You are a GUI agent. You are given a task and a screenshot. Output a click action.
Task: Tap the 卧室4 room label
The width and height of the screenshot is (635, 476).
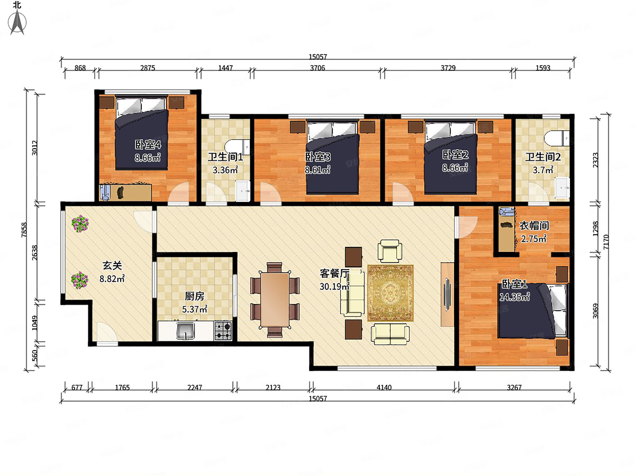coord(148,145)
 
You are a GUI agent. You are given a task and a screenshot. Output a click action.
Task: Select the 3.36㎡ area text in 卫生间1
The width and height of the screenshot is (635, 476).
coord(225,170)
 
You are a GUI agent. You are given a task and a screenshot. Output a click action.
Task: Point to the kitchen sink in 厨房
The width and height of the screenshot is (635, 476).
coord(185,331)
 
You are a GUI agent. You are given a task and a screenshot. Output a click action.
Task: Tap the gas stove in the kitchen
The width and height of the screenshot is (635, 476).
coord(223,330)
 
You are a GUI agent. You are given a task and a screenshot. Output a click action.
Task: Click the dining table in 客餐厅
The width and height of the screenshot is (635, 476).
coord(275,300)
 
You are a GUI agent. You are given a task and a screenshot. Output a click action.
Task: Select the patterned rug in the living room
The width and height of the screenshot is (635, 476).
coord(390,293)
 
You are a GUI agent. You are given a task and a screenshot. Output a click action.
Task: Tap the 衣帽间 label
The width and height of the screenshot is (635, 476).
coord(534,226)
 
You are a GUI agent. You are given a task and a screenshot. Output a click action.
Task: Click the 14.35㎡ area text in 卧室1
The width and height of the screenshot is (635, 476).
coord(514,297)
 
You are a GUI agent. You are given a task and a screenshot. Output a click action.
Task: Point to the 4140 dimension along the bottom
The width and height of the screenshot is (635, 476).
coord(384,388)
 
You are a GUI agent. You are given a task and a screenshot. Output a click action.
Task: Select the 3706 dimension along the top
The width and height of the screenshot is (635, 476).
coord(317,68)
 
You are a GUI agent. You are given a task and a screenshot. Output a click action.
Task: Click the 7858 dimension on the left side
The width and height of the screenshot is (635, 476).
coord(24,230)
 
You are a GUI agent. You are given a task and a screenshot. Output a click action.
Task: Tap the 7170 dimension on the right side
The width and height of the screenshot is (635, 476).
coord(606,242)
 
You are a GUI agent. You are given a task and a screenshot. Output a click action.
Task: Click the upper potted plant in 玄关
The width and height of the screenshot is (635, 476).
coord(80,224)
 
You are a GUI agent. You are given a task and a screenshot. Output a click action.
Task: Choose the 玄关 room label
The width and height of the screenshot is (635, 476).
coord(112,265)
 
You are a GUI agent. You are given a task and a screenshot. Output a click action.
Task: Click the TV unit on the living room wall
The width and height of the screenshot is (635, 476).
coord(447,294)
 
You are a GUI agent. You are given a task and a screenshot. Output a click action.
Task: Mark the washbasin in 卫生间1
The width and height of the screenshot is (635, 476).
coord(243,191)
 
